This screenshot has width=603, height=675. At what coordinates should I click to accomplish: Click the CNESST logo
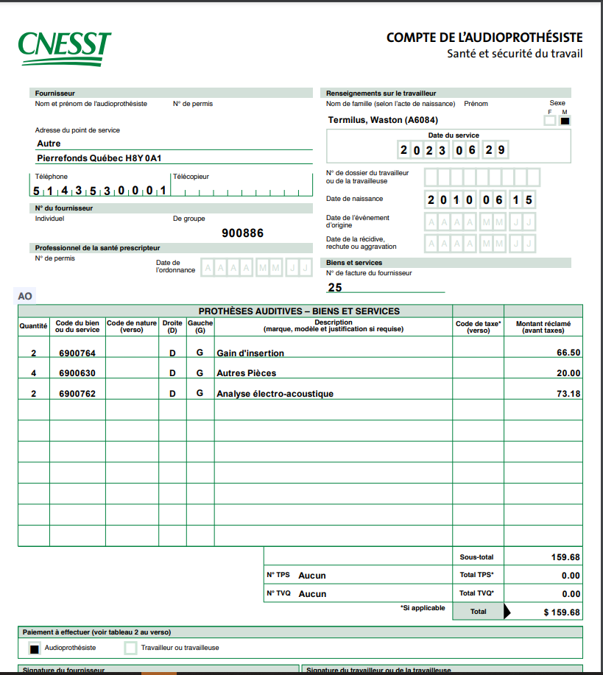65,49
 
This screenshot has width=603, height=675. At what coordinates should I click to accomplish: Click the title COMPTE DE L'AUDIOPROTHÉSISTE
484,38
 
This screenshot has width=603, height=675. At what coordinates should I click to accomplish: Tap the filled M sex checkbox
565,121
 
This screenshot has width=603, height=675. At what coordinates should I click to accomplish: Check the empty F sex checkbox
550,121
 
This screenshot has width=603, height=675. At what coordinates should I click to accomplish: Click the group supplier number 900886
242,233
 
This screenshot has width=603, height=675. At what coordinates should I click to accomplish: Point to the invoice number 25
335,288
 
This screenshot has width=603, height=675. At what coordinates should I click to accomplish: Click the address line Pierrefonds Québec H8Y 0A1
99,158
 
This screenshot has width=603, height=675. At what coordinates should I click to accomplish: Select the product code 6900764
77,353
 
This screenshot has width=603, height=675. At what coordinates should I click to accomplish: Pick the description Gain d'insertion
250,353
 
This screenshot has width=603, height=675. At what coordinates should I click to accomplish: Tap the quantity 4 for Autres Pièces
33,373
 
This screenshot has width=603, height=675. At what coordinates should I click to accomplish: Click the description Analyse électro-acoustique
275,394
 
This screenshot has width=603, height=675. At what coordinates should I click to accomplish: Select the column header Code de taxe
478,326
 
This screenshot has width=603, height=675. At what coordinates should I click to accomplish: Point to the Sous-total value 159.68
565,557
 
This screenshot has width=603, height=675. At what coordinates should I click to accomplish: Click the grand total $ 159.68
561,612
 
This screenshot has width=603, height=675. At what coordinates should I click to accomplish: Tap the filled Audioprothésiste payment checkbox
34,649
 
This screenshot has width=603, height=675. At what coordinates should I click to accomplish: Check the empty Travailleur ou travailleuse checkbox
130,649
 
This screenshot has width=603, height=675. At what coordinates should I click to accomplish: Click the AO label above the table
25,296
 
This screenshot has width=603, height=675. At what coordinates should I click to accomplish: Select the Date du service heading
454,135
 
